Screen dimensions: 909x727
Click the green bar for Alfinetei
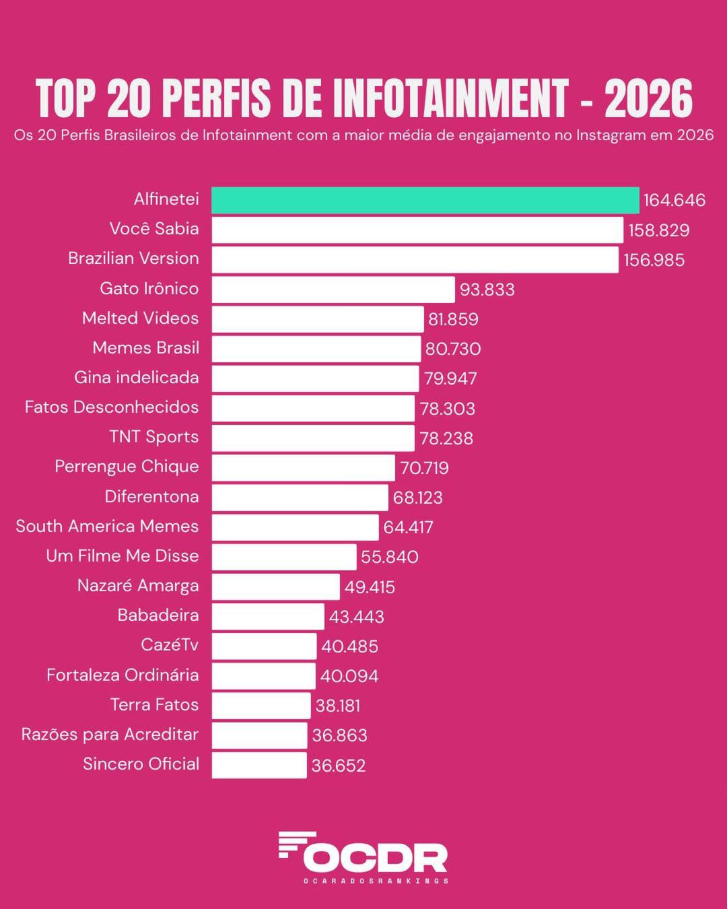pyautogui.click(x=425, y=200)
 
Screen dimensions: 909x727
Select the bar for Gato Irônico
pyautogui.click(x=333, y=290)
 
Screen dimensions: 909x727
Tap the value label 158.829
pyautogui.click(x=658, y=230)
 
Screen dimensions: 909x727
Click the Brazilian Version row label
pyautogui.click(x=133, y=259)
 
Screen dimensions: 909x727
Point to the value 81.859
pyautogui.click(x=453, y=319)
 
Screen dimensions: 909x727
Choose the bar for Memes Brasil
pyautogui.click(x=316, y=349)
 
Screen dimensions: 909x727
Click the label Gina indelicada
pyautogui.click(x=137, y=377)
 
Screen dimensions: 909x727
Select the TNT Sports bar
pyautogui.click(x=313, y=438)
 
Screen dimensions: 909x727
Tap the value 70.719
pyautogui.click(x=424, y=468)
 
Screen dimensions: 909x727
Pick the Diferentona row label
pyautogui.click(x=151, y=497)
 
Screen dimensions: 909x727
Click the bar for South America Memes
pyautogui.click(x=295, y=527)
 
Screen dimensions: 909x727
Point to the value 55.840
pyautogui.click(x=389, y=557)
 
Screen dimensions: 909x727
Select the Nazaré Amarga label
pyautogui.click(x=138, y=586)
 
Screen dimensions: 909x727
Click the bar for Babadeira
pyautogui.click(x=268, y=616)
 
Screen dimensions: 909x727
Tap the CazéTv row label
pyautogui.click(x=170, y=645)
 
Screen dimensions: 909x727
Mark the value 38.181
pyautogui.click(x=337, y=706)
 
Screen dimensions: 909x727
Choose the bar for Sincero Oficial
pyautogui.click(x=259, y=765)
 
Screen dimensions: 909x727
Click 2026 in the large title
pyautogui.click(x=648, y=99)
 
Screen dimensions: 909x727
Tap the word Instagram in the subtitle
pyautogui.click(x=611, y=135)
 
